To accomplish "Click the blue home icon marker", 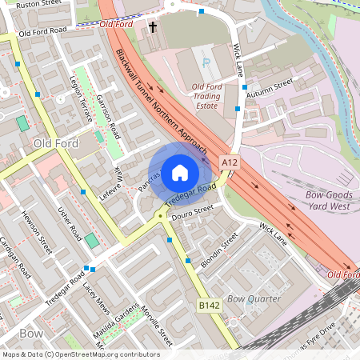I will [x=180, y=172].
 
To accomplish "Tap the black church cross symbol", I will [x=152, y=27].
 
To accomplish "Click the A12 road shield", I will [x=230, y=162].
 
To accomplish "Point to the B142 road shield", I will [x=210, y=306].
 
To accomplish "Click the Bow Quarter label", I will [x=254, y=298].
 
